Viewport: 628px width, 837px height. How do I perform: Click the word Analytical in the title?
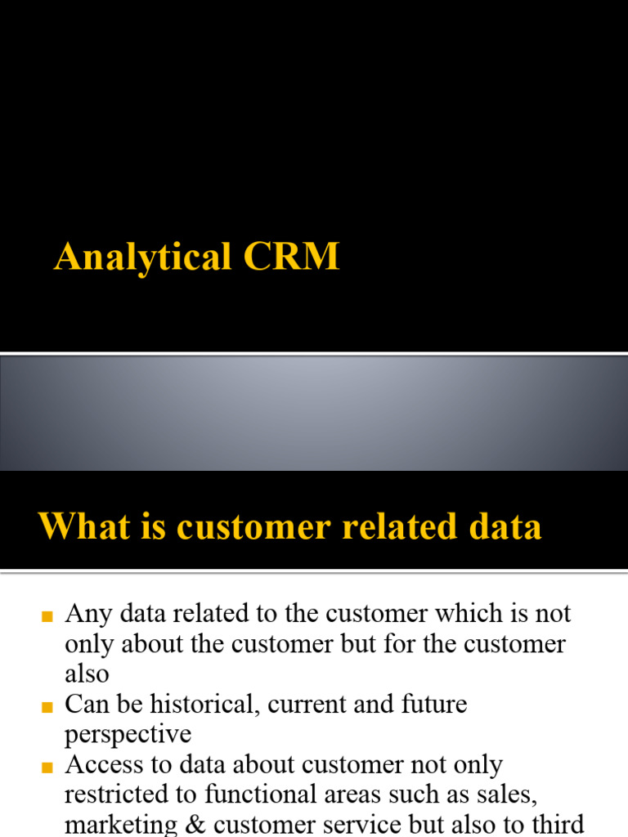click(x=142, y=257)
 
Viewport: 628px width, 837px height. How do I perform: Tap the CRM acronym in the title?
click(x=292, y=256)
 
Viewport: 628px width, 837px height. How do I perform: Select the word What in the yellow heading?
click(x=85, y=526)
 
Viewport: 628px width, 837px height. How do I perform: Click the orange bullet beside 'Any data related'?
click(x=47, y=616)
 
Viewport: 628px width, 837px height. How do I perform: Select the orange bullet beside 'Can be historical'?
click(x=47, y=707)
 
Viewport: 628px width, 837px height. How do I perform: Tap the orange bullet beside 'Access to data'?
click(x=47, y=768)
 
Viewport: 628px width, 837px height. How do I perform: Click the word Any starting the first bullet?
click(x=88, y=615)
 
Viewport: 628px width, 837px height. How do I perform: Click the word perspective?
click(x=128, y=735)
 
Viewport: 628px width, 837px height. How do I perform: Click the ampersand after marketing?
click(x=195, y=825)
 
